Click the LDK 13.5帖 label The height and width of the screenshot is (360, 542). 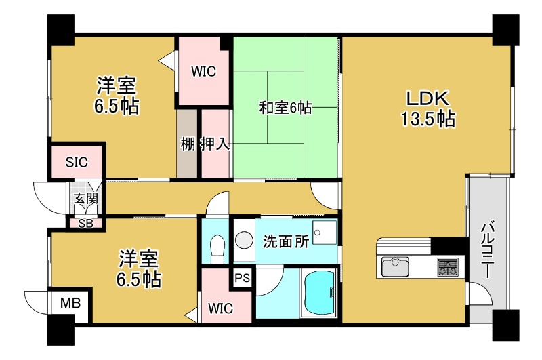pyautogui.click(x=427, y=108)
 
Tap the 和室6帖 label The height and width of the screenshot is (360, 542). pyautogui.click(x=285, y=107)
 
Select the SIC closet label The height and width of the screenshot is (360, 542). pyautogui.click(x=76, y=162)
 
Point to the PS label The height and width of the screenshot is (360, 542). pyautogui.click(x=242, y=277)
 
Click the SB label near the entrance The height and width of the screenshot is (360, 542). pyautogui.click(x=86, y=223)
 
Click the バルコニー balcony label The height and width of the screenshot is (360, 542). pyautogui.click(x=488, y=251)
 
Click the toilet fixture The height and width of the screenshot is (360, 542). pyautogui.click(x=217, y=247)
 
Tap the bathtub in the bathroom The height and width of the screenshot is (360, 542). pyautogui.click(x=317, y=294)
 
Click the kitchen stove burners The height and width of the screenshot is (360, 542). pyautogui.click(x=448, y=266)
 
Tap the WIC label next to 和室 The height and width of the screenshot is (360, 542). pyautogui.click(x=203, y=71)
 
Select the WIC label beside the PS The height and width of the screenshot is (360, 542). pyautogui.click(x=220, y=308)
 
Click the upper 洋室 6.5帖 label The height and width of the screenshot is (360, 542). pyautogui.click(x=117, y=96)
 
